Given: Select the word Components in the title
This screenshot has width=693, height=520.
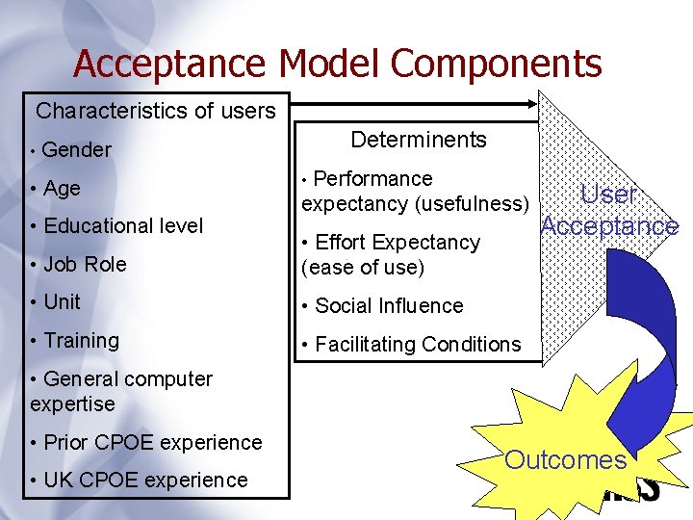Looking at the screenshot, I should (x=497, y=65).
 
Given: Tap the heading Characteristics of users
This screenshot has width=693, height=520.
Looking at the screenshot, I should (x=155, y=111).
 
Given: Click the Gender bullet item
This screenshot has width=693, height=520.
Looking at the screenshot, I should (x=76, y=149).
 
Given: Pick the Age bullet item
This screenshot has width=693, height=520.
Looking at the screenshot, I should (x=62, y=188).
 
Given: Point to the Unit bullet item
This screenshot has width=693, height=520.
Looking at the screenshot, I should (x=62, y=301).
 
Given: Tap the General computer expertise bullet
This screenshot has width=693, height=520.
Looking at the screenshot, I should (x=120, y=391).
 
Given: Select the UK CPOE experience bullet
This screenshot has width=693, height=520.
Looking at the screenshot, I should (x=144, y=480).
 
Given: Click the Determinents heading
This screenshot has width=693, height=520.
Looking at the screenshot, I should (x=419, y=140).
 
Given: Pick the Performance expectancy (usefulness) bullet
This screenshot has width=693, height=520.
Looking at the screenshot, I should (x=415, y=192).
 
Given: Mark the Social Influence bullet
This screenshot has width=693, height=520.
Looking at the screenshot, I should (x=389, y=305).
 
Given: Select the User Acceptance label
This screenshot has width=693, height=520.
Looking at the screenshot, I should (x=609, y=211).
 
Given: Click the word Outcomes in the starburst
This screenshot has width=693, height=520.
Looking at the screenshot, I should (x=565, y=459).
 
